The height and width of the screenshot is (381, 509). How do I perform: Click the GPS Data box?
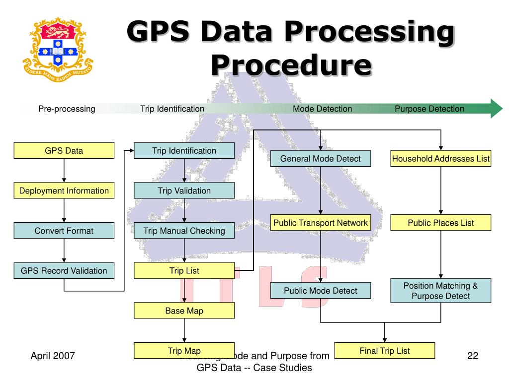[64, 151]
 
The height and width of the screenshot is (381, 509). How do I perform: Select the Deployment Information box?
[64, 190]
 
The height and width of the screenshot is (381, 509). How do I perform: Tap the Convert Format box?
[64, 231]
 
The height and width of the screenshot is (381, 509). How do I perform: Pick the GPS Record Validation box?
[64, 271]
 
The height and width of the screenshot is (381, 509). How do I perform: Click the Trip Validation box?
[184, 190]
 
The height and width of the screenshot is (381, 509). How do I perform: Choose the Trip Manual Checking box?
[184, 231]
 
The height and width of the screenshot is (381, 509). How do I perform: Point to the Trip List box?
[184, 271]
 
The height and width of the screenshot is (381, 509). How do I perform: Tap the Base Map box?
[184, 311]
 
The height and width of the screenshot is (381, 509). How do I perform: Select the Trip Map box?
[184, 351]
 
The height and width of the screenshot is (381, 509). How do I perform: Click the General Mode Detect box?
[320, 159]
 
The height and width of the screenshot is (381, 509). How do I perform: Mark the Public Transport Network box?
[320, 223]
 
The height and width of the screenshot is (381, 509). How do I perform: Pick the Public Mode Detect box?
[320, 291]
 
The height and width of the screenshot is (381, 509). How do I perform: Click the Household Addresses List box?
[441, 159]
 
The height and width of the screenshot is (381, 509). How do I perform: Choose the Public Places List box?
[441, 223]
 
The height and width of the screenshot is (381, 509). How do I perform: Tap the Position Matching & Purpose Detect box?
[441, 291]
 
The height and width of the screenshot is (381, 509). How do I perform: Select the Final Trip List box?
[385, 351]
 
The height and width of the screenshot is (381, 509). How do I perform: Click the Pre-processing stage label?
[67, 109]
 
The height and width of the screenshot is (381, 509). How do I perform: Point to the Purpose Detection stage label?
[429, 109]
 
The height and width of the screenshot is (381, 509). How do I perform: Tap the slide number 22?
[473, 355]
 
